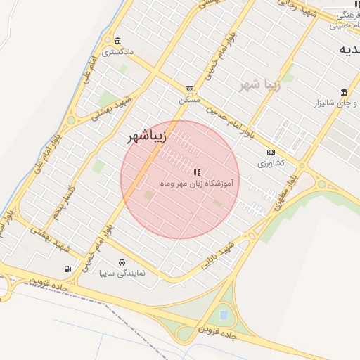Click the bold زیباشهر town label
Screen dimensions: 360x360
coord(146,137)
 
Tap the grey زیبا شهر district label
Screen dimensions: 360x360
coord(260,85)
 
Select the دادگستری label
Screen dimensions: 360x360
coord(117,51)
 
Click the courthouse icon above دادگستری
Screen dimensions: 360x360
coord(117,40)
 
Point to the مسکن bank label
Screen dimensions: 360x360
coord(189,100)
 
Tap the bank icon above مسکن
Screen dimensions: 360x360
coord(189,89)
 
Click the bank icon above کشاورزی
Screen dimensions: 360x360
coord(271,152)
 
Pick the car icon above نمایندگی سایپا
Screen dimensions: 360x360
coord(122,261)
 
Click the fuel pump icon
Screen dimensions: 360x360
coord(67,268)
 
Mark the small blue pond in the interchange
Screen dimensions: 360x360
coord(224,314)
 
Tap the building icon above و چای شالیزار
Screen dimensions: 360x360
coord(344,93)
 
